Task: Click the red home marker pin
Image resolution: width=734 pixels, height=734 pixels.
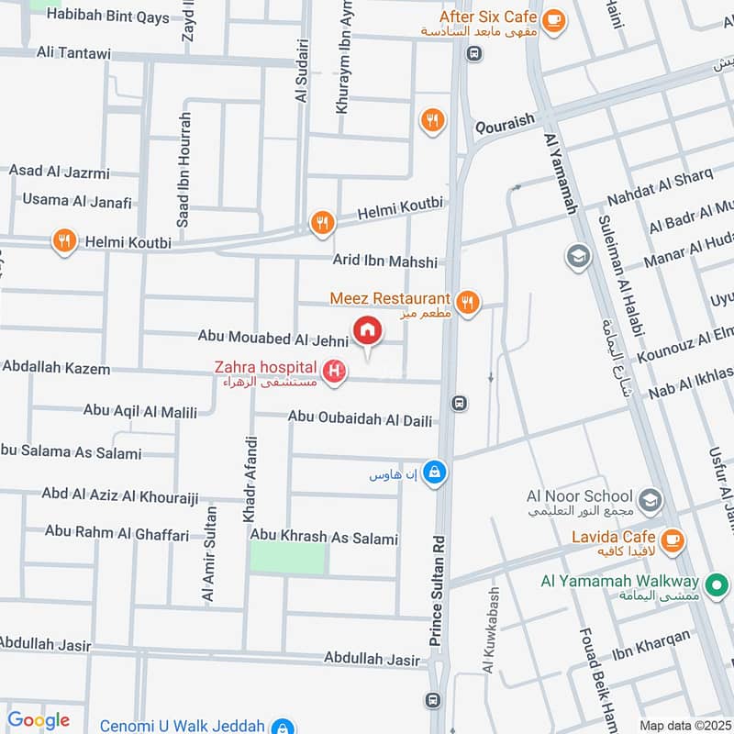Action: tap(366, 331)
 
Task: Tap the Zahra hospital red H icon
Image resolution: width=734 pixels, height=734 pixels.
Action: tap(337, 371)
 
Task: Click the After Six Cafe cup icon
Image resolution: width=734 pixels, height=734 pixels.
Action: tap(552, 19)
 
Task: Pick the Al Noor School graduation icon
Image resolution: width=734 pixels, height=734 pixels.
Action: tap(651, 500)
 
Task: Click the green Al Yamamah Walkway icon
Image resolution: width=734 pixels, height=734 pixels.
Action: tap(718, 583)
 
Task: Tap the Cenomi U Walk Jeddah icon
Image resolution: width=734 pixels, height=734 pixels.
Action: tap(282, 726)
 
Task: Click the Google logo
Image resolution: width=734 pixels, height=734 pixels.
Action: tap(39, 720)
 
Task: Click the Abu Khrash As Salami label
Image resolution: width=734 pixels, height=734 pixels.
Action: tap(324, 539)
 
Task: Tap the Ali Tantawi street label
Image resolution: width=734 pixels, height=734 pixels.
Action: tap(73, 54)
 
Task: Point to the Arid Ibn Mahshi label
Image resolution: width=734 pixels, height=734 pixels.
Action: tap(385, 262)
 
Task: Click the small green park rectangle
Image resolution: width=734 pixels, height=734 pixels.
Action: tap(288, 558)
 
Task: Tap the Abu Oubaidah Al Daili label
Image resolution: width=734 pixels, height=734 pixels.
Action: tap(360, 418)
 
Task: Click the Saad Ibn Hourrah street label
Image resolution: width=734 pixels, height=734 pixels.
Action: tap(183, 171)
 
